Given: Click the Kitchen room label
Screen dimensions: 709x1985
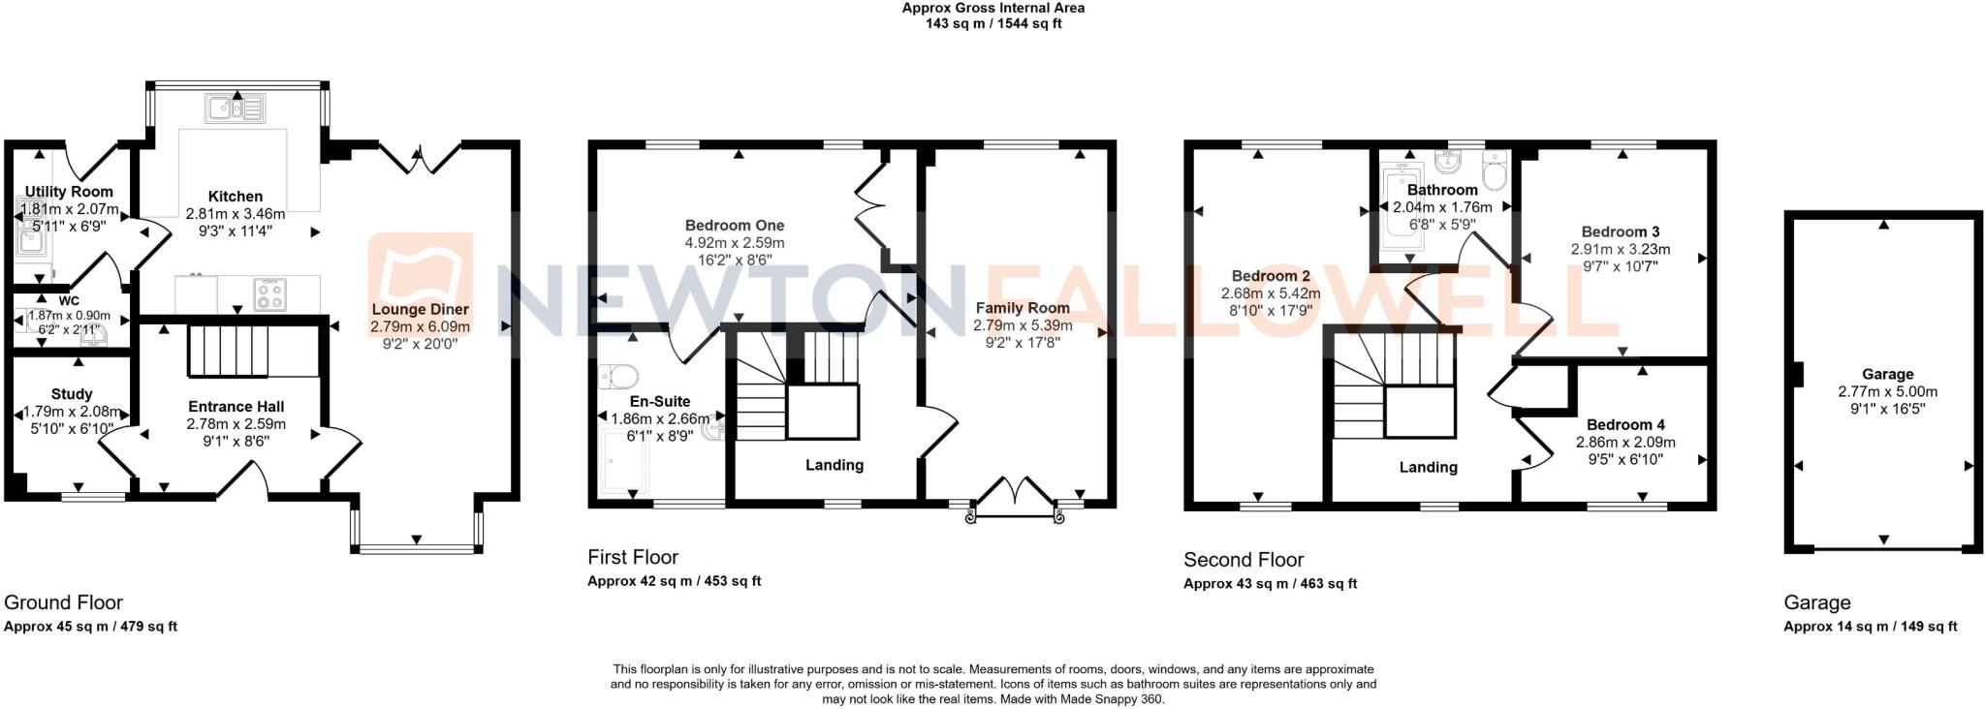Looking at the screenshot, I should [x=235, y=197].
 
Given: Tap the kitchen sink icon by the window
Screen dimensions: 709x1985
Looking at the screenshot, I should [x=235, y=107].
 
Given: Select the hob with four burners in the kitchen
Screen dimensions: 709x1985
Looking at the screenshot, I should [x=269, y=294].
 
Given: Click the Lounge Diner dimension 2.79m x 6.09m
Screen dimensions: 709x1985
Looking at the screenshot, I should [x=420, y=327].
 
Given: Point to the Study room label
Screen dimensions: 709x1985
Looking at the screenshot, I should [x=72, y=394].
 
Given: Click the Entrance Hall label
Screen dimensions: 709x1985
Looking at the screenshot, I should [x=236, y=407].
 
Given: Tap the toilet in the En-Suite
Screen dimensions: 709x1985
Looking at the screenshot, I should [x=616, y=375].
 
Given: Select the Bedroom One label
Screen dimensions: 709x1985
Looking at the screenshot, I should [x=734, y=226].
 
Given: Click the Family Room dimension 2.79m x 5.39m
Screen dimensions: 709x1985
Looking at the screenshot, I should [x=1023, y=325].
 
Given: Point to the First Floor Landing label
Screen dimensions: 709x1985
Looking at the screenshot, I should [x=834, y=465].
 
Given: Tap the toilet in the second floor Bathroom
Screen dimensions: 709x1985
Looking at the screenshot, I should [x=1495, y=173].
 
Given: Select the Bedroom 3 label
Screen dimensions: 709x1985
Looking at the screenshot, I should [x=1620, y=231].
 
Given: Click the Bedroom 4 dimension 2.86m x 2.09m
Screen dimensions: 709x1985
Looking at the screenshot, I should [x=1625, y=442].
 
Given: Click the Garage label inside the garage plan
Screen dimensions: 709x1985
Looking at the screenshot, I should [x=1887, y=374].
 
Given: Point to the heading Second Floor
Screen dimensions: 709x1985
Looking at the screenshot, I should [x=1244, y=560].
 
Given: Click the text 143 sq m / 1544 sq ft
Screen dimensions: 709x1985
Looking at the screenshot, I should [x=992, y=23].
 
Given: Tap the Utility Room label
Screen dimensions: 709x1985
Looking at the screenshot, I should [x=69, y=192].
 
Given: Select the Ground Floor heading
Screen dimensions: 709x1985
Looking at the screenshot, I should [x=64, y=602].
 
